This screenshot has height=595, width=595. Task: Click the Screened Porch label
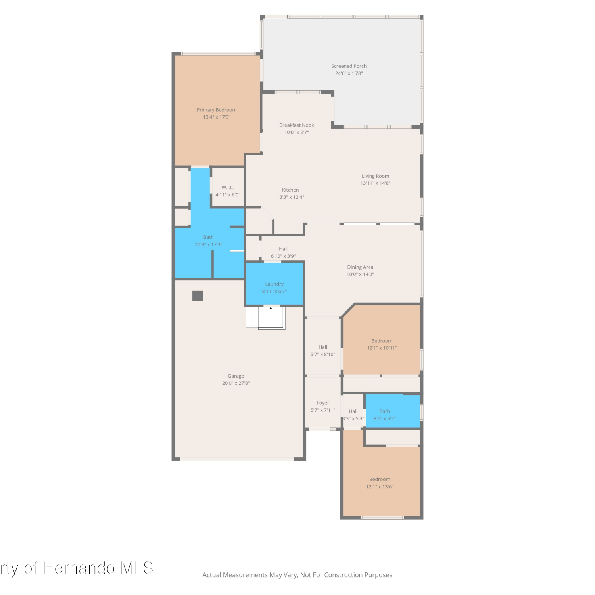(x=349, y=66)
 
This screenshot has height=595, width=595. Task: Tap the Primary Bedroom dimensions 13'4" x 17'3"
(x=217, y=117)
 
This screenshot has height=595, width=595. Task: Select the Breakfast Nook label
(x=296, y=125)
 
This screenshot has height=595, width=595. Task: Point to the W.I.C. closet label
(x=228, y=188)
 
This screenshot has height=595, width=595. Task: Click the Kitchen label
(x=290, y=190)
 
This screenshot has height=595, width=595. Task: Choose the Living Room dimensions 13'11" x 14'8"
(x=375, y=183)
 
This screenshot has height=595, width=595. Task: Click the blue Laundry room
(x=274, y=284)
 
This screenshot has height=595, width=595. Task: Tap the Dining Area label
(x=360, y=267)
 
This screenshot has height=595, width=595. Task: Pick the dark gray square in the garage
(x=198, y=296)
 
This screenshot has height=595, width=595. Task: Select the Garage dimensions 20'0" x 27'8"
(x=236, y=383)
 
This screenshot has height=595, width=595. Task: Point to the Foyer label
(x=323, y=403)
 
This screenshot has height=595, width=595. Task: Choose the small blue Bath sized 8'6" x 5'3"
(x=393, y=411)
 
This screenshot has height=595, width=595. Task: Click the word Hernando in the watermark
(x=79, y=568)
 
